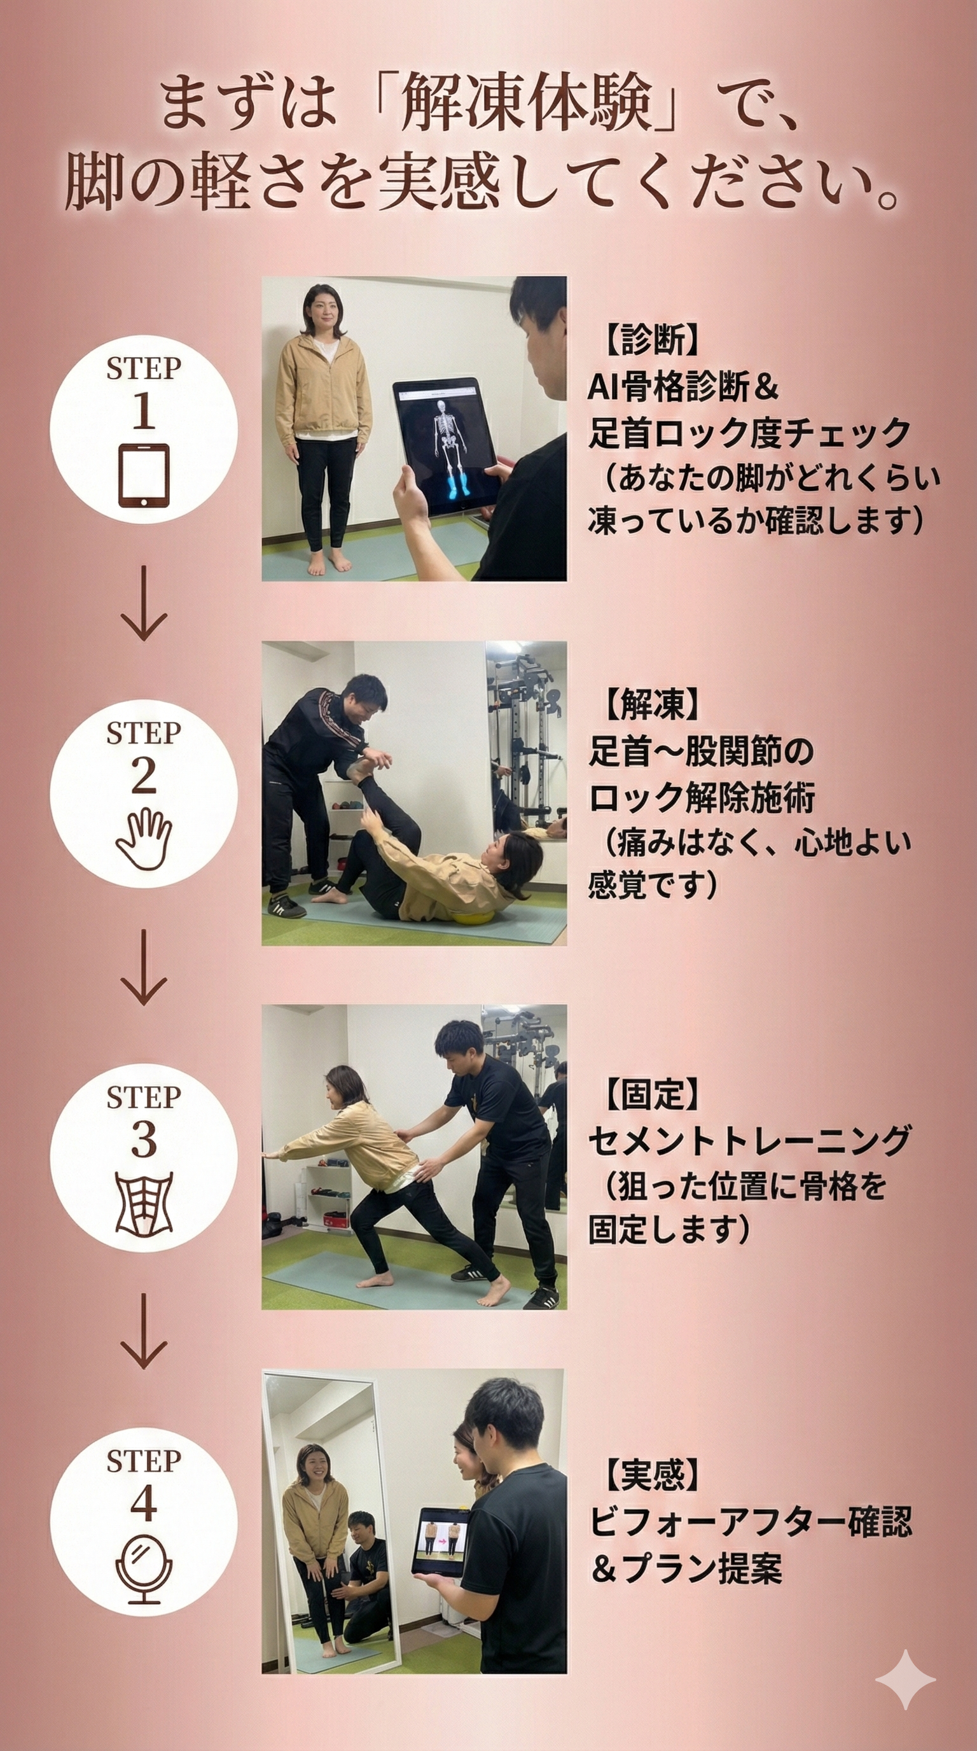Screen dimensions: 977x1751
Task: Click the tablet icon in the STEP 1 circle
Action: pyautogui.click(x=144, y=476)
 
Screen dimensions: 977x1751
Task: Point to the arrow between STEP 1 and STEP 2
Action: pyautogui.click(x=143, y=603)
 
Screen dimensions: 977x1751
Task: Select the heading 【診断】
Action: pyautogui.click(x=651, y=340)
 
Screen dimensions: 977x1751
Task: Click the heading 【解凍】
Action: pyautogui.click(x=651, y=704)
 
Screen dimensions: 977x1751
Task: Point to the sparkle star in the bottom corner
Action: pyautogui.click(x=905, y=1680)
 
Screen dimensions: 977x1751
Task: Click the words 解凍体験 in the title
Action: pyautogui.click(x=527, y=104)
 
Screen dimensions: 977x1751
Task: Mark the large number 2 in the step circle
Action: pyautogui.click(x=143, y=776)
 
